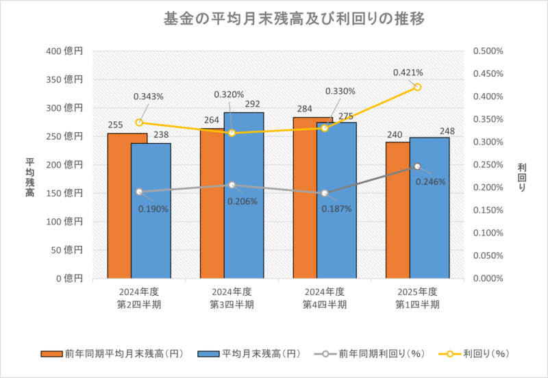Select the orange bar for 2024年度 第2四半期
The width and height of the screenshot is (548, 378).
(127, 205)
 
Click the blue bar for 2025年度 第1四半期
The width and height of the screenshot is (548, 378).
(429, 209)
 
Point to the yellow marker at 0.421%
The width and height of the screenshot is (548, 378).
(417, 87)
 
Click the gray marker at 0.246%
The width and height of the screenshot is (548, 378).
(417, 166)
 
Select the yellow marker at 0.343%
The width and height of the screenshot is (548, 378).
(139, 123)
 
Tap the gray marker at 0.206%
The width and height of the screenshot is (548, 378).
(232, 185)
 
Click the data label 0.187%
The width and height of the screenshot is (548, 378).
(336, 208)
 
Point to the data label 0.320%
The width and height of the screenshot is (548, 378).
(228, 94)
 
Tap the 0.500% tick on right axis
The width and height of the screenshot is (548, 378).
(488, 51)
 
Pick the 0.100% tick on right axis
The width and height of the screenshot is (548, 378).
(488, 233)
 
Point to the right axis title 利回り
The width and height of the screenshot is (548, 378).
(522, 177)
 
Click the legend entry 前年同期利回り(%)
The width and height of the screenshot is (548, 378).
(373, 354)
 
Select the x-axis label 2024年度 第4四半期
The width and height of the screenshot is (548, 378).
(325, 298)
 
